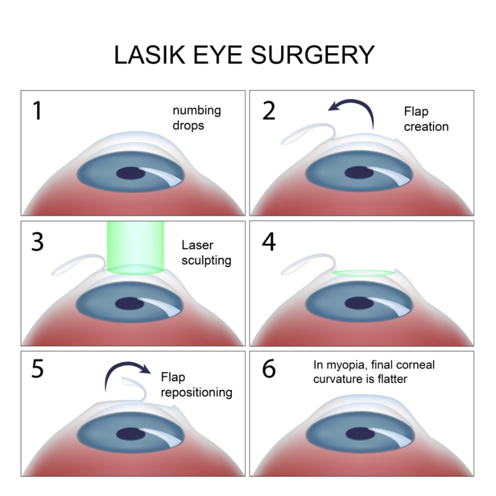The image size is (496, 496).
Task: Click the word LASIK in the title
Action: (x=147, y=55)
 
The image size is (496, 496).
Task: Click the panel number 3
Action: (x=37, y=242)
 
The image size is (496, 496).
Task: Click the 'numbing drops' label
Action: (x=196, y=118)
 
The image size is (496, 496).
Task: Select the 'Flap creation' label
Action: (x=426, y=119)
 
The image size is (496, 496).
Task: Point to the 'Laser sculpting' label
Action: (x=206, y=252)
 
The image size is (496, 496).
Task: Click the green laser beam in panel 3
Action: (x=136, y=247)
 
